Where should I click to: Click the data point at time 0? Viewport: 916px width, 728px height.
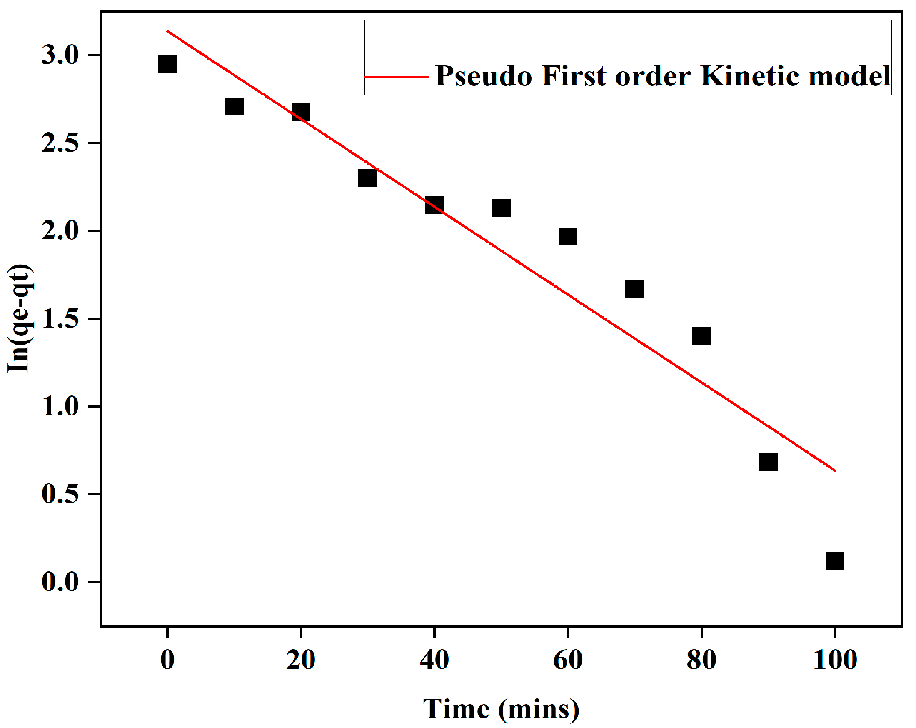tap(167, 65)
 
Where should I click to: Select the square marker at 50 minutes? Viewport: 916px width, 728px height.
tap(502, 208)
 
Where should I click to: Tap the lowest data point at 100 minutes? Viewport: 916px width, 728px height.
tap(835, 561)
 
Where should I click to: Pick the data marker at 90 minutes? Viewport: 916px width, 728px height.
tap(768, 462)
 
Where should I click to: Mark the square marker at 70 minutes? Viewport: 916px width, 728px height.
tap(635, 288)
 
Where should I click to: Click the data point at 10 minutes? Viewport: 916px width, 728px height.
tap(234, 107)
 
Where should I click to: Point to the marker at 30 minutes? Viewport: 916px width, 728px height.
tap(367, 178)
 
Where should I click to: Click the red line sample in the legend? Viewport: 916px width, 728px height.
tap(397, 77)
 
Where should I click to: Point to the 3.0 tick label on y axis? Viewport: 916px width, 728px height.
tap(60, 56)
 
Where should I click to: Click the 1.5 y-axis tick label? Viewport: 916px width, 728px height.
tap(60, 319)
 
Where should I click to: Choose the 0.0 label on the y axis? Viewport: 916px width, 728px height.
tap(60, 582)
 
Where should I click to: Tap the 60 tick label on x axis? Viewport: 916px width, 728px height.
tap(568, 660)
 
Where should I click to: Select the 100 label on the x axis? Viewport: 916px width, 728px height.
tap(835, 660)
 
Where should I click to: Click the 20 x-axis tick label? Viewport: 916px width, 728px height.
tap(300, 660)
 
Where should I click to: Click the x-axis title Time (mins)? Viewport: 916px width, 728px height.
tap(502, 709)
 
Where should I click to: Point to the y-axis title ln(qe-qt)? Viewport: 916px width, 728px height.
tap(20, 319)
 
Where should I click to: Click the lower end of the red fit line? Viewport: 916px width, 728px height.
tap(834, 470)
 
